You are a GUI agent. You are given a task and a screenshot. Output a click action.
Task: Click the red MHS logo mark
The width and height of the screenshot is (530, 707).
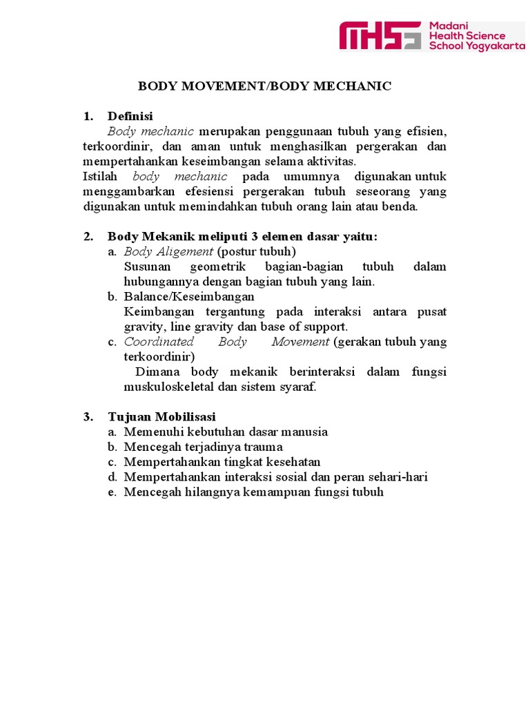(380, 35)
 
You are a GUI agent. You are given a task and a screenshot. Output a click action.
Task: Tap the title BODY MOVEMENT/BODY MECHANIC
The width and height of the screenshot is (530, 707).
(264, 86)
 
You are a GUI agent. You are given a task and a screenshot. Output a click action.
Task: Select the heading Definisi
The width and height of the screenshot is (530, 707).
(130, 116)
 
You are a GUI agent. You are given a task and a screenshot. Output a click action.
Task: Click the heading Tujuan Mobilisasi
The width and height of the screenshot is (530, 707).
(161, 416)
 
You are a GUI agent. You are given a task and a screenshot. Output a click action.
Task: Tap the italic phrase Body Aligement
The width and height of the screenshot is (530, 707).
(168, 251)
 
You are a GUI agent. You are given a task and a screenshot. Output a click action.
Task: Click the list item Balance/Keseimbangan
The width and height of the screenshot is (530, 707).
(189, 297)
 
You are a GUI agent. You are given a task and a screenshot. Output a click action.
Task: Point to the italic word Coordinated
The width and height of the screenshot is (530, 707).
(159, 342)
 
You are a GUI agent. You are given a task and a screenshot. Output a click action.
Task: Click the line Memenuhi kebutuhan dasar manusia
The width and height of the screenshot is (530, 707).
(226, 432)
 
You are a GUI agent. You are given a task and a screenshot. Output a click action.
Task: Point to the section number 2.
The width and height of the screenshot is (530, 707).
(88, 237)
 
